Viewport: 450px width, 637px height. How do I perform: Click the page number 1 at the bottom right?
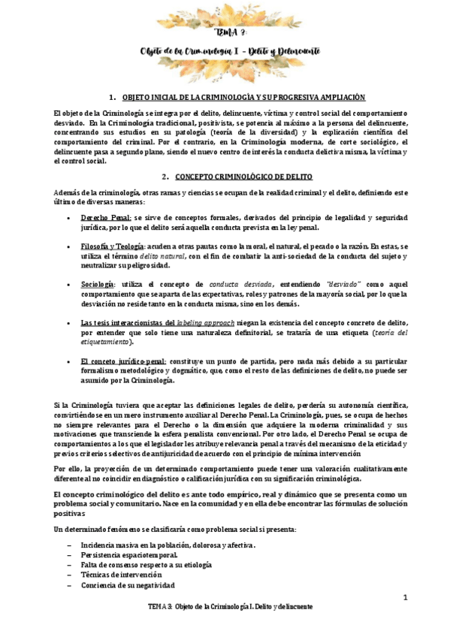(x=405, y=598)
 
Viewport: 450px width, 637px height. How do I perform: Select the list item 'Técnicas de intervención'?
(x=119, y=575)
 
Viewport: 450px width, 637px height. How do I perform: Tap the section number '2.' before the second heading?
(x=163, y=177)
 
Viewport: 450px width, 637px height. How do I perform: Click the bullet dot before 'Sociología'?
(x=68, y=285)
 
